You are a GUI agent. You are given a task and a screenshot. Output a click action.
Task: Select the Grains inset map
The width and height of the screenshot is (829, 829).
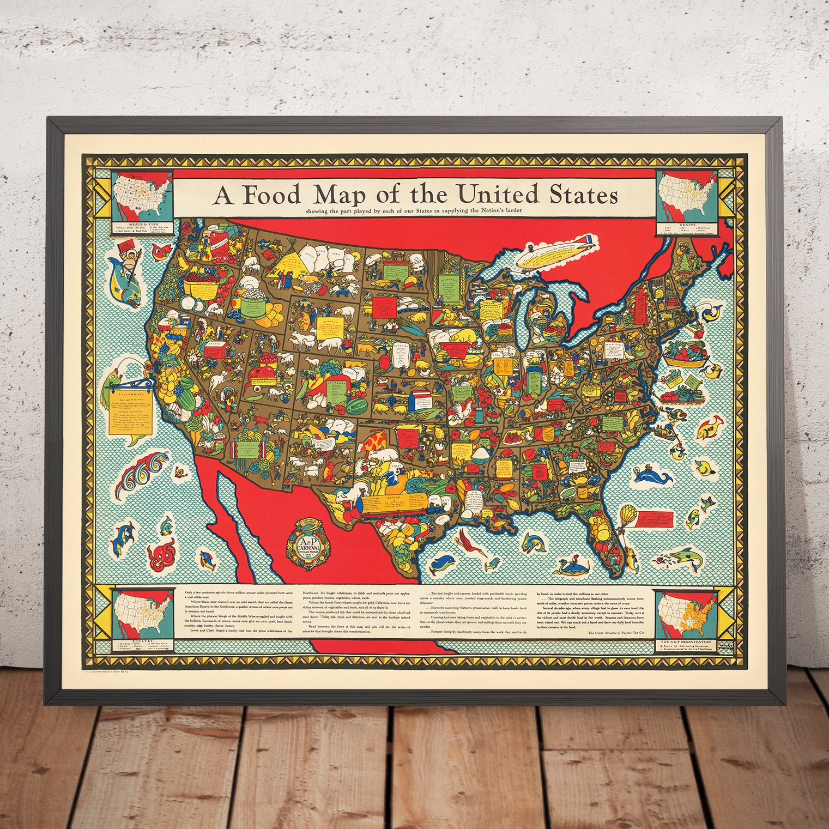coord(683,199)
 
